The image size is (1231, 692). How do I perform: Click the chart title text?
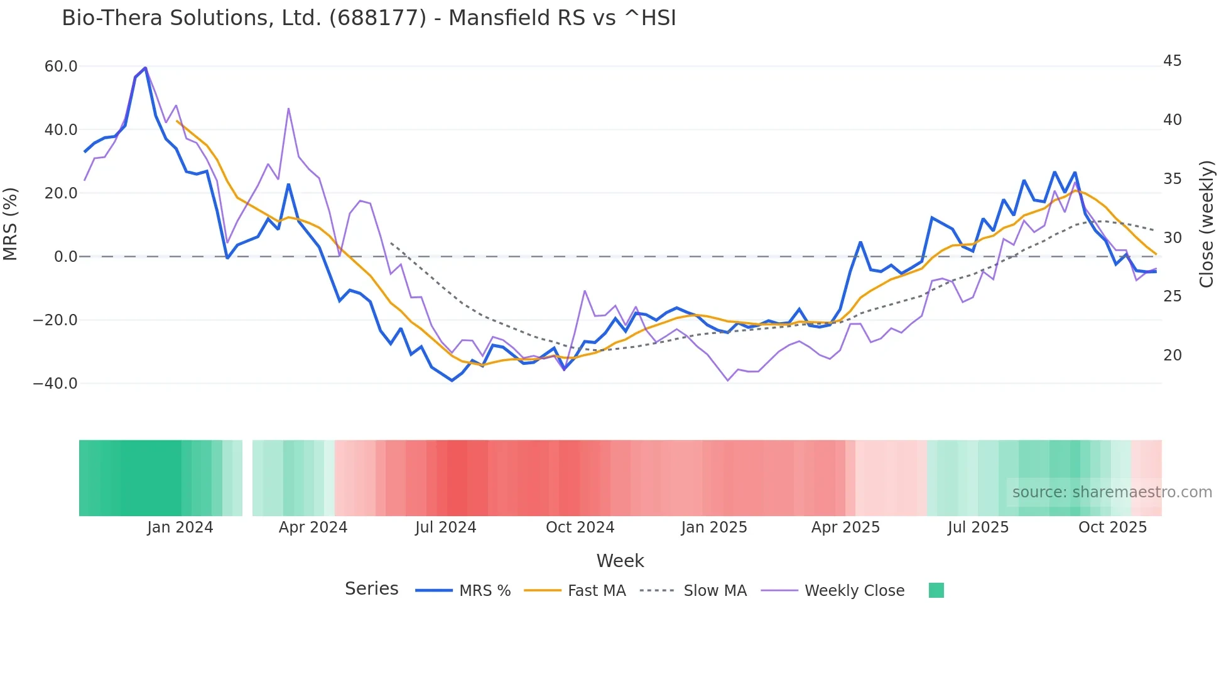(x=369, y=18)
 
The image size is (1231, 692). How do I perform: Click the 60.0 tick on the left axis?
(x=61, y=67)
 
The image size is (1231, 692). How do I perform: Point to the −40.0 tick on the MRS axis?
(x=55, y=384)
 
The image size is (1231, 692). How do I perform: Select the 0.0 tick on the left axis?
(x=66, y=257)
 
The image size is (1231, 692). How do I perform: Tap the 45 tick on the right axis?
(x=1172, y=61)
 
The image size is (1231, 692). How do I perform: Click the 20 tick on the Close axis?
(x=1172, y=355)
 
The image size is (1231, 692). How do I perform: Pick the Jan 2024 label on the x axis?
(x=180, y=527)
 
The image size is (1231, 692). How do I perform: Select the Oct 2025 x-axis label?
(x=1112, y=527)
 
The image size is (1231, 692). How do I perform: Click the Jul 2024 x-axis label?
(x=445, y=527)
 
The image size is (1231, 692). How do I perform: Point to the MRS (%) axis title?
(x=11, y=224)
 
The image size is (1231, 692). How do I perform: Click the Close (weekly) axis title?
(x=1206, y=224)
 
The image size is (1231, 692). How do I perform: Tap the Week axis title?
(x=620, y=561)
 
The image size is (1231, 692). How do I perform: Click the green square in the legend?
(x=936, y=591)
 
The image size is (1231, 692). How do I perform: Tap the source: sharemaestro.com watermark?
(x=1112, y=492)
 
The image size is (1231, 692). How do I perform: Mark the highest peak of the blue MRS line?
(x=145, y=68)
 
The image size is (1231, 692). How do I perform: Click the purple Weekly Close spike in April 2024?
(x=288, y=109)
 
